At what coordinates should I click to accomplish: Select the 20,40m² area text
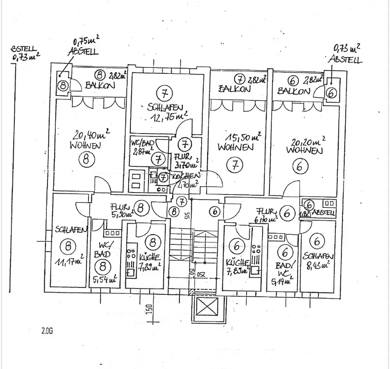tap(90, 136)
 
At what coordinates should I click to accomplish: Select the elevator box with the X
tap(206, 307)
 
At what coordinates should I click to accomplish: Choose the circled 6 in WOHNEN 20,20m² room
tap(300, 166)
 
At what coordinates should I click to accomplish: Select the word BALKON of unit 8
tap(100, 86)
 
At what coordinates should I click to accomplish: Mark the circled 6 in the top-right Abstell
tap(331, 93)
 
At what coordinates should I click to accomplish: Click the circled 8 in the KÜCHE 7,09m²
tap(152, 242)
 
